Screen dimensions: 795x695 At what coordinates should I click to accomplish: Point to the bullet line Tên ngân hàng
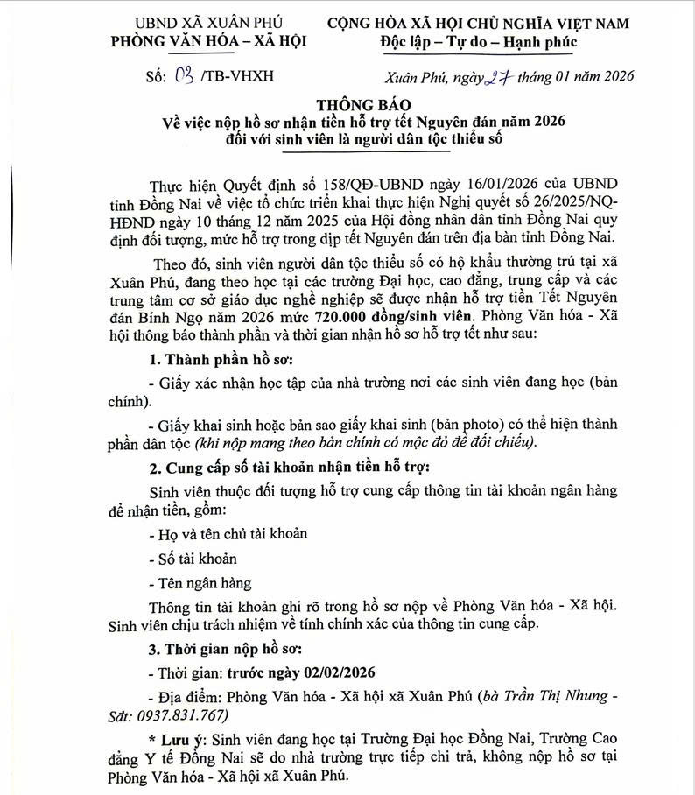(201, 582)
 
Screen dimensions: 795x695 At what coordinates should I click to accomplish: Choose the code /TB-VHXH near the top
(237, 75)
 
